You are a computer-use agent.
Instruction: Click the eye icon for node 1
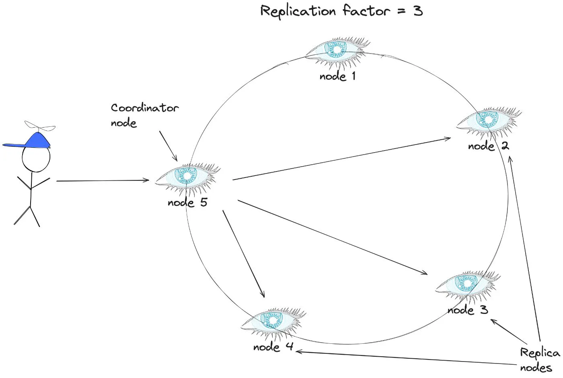337,50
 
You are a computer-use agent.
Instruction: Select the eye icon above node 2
488,120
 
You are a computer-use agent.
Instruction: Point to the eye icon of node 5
187,176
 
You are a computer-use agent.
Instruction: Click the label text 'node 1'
337,76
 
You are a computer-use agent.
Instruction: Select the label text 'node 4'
273,347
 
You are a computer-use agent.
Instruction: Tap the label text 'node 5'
187,202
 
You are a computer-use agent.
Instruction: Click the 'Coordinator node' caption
144,115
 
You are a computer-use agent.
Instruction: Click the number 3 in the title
418,11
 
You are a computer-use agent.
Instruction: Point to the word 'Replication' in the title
298,11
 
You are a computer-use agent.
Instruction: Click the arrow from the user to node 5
103,181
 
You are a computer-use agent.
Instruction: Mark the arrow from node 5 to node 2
342,159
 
